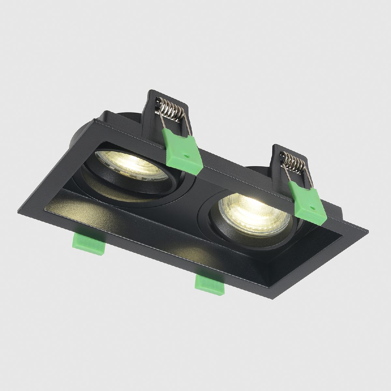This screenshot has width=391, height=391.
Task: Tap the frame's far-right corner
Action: click(368, 232)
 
